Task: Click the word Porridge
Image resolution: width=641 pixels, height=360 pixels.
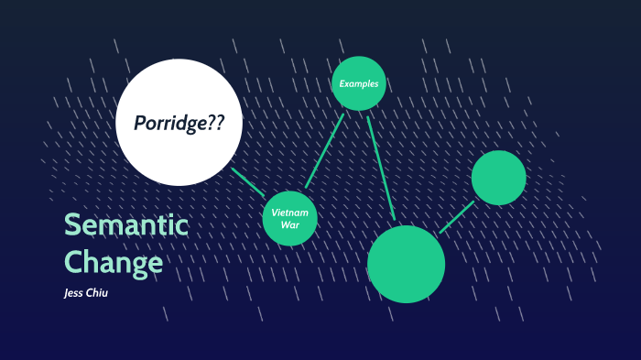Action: point(169,123)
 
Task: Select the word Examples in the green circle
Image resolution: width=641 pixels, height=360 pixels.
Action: point(358,84)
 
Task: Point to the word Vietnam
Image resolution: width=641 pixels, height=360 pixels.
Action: point(290,213)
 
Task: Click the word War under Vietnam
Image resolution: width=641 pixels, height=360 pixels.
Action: point(290,224)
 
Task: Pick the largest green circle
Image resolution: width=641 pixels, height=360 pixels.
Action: point(406,264)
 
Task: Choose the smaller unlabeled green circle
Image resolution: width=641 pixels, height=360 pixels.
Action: point(499,178)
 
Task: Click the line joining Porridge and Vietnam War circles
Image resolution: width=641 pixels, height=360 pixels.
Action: point(247,182)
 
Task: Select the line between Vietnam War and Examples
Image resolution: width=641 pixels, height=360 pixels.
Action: point(324,150)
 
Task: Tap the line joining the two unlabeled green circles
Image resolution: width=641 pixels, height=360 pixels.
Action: point(457,216)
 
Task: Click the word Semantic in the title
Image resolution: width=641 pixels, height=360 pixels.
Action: point(125,226)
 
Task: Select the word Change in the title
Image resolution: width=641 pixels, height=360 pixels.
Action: point(114,263)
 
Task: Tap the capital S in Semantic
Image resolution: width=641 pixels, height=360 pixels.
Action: point(71,226)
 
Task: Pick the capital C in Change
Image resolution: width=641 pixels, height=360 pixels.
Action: point(72,263)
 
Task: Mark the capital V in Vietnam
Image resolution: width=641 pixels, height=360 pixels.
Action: point(275,213)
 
